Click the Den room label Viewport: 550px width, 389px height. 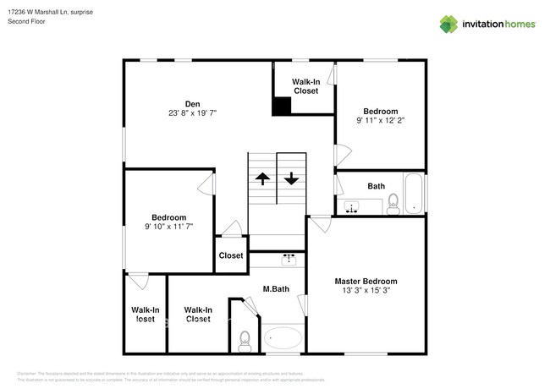192,104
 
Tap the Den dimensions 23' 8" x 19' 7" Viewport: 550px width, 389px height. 192,113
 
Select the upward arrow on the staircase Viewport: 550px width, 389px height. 262,178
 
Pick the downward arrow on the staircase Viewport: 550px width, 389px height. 291,178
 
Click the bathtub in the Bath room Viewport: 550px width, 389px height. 413,194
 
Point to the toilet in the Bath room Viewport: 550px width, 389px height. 393,203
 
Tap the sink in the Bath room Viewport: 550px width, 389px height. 352,205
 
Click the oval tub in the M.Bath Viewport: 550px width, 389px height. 283,340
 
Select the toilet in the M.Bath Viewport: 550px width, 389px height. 244,340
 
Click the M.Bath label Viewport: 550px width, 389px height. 276,289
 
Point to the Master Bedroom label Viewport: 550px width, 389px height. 366,282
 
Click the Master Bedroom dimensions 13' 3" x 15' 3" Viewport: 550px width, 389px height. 366,291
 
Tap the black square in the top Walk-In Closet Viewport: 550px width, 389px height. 282,107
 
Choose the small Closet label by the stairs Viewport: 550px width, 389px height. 231,255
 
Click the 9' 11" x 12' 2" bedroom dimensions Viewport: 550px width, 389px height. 381,121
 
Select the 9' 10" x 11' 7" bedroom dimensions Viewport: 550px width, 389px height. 168,227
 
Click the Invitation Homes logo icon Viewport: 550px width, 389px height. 448,25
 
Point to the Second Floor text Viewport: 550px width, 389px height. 27,21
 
